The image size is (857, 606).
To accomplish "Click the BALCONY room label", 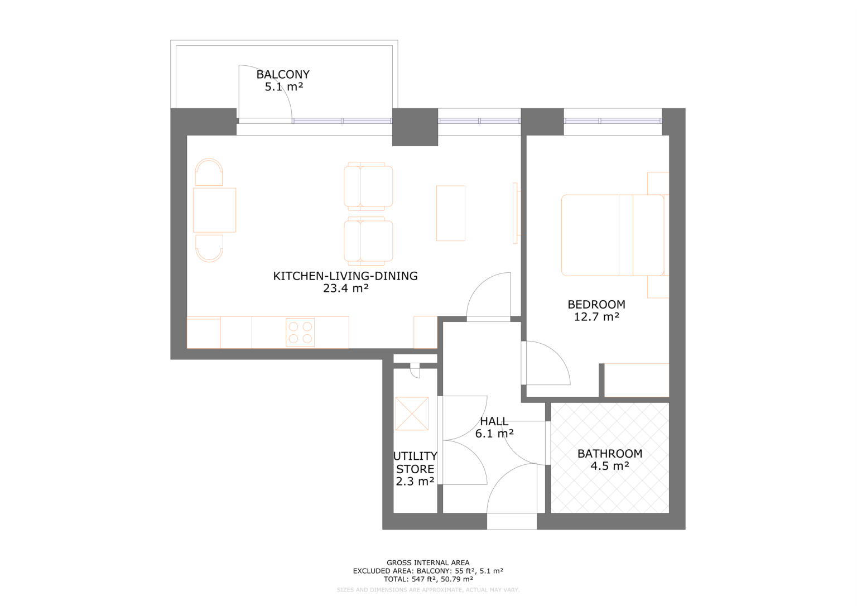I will click(x=283, y=74).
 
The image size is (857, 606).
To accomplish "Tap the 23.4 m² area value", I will click(x=345, y=288).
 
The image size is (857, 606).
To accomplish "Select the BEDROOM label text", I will click(x=596, y=304).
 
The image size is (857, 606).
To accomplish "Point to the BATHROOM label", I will click(x=610, y=454).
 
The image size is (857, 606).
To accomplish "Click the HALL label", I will click(x=494, y=421).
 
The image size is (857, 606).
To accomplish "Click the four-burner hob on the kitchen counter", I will click(x=300, y=333).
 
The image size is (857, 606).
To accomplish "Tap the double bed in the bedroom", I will click(x=613, y=235).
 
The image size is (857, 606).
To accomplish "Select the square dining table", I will click(x=214, y=210).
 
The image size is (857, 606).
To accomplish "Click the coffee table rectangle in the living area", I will click(x=450, y=213).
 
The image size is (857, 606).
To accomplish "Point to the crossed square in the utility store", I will click(x=412, y=413).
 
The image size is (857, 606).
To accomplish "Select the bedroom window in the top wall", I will click(x=613, y=121).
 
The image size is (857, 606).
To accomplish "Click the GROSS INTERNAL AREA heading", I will click(x=428, y=562).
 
